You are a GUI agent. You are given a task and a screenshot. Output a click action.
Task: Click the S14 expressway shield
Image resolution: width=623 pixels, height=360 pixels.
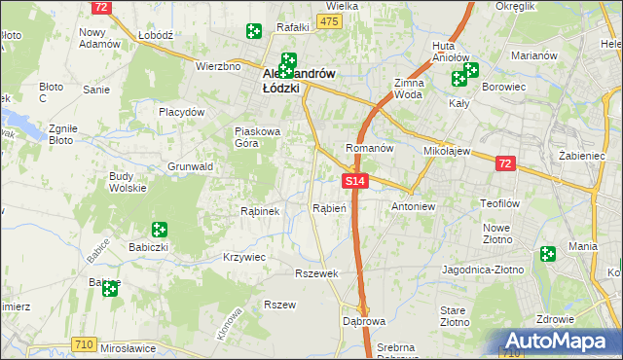click(355, 181)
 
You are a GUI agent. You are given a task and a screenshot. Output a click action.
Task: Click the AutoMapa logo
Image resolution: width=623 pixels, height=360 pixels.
click(560, 342)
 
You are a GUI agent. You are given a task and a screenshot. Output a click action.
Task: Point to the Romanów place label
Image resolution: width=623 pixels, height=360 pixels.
click(369, 149)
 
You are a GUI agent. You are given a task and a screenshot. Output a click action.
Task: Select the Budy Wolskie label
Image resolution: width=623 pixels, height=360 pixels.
click(128, 182)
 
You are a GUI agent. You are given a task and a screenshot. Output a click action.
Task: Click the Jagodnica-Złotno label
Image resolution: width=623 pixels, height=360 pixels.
click(483, 269)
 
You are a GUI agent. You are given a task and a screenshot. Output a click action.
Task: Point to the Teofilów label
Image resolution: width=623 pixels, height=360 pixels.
click(503, 203)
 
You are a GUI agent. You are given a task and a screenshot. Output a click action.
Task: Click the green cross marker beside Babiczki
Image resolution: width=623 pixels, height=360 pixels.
click(159, 230)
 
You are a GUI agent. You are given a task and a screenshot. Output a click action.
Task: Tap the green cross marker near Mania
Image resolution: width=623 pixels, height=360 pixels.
click(548, 253)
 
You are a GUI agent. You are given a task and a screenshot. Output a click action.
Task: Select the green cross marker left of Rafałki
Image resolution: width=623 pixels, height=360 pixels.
click(254, 31)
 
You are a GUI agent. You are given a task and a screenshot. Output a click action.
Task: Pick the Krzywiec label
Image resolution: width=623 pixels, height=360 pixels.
click(244, 257)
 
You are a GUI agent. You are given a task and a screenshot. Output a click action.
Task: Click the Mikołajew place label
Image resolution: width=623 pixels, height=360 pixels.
click(447, 152)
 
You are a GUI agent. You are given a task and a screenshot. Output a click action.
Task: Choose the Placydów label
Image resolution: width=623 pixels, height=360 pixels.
click(182, 112)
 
